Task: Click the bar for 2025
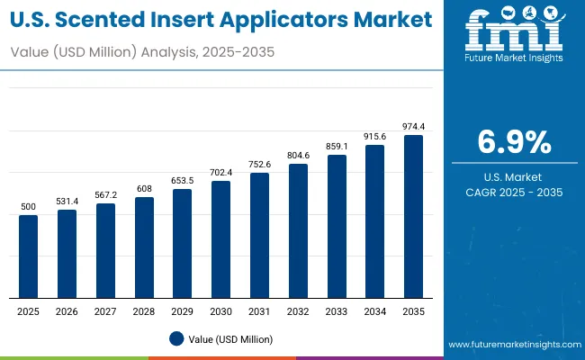(29, 256)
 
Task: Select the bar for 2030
(220, 239)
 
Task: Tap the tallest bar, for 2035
(413, 216)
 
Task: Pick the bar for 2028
(144, 247)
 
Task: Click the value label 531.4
(67, 201)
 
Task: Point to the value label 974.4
(413, 126)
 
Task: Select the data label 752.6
(259, 163)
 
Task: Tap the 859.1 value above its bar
(336, 146)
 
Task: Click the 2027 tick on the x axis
(105, 310)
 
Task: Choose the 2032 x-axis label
(298, 310)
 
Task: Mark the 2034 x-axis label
(374, 310)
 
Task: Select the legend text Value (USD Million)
(229, 338)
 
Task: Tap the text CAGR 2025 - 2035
(514, 193)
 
